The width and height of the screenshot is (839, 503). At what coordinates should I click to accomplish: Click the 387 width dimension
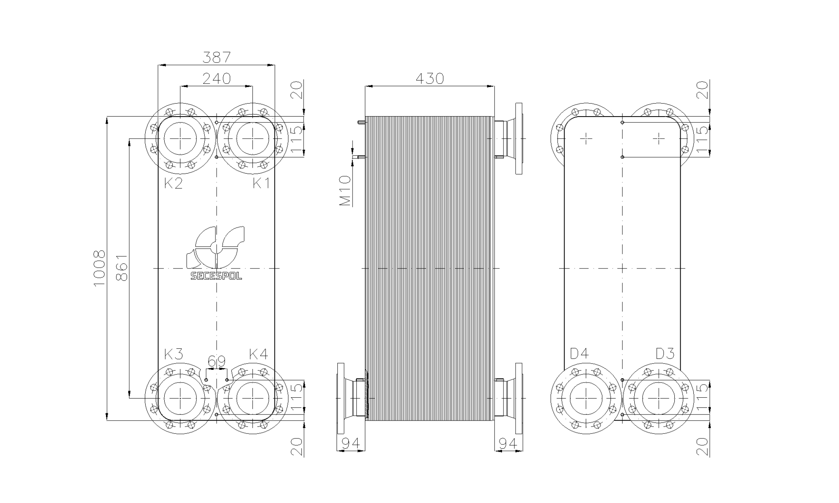(x=217, y=57)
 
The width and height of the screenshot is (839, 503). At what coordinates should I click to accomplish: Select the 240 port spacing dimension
(x=217, y=78)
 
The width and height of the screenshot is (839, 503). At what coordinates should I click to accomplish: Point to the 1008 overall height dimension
(x=100, y=268)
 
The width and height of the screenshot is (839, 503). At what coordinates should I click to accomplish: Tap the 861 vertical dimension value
(x=122, y=268)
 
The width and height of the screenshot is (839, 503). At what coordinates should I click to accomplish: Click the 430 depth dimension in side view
(x=429, y=79)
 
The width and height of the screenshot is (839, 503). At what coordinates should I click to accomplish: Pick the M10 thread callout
(x=345, y=191)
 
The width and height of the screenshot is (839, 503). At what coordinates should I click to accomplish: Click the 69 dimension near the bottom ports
(x=217, y=362)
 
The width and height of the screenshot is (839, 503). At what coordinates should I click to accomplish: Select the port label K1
(x=261, y=183)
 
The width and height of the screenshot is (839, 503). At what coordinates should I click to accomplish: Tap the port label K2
(x=173, y=183)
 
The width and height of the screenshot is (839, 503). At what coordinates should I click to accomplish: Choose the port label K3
(x=173, y=354)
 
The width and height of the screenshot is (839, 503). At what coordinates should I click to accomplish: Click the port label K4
(x=259, y=354)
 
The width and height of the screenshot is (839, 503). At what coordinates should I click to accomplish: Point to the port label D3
(x=665, y=354)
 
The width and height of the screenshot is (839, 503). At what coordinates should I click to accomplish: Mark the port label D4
(x=579, y=354)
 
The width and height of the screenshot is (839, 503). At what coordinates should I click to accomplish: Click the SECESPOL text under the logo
(x=216, y=276)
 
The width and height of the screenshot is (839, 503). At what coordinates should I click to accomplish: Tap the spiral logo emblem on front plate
(x=216, y=247)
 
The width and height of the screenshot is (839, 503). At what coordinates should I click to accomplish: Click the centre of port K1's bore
(x=252, y=138)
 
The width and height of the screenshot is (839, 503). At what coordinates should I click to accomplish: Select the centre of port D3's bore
(x=658, y=399)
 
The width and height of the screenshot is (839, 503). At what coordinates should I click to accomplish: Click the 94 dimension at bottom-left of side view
(x=351, y=443)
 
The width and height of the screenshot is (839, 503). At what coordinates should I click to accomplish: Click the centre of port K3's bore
(x=180, y=399)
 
